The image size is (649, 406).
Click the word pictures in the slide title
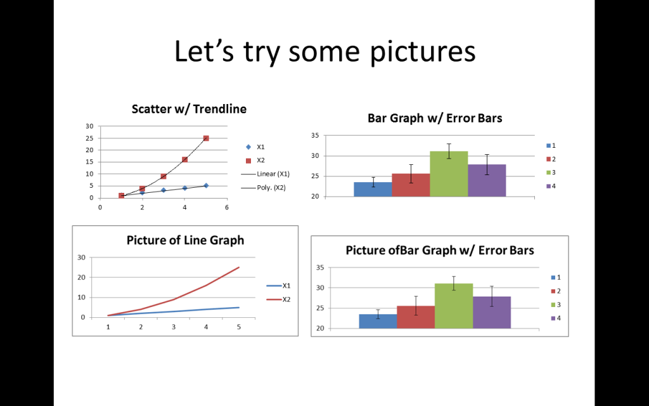point(423,52)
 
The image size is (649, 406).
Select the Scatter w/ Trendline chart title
point(189,109)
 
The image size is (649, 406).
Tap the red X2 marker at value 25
point(206,138)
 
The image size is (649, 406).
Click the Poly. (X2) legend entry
point(264,188)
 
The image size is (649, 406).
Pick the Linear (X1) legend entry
point(266,174)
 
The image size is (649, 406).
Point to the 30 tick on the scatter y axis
point(90,126)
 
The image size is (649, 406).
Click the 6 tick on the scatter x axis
point(227,207)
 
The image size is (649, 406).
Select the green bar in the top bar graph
point(449,174)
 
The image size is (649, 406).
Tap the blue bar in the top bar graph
point(373,189)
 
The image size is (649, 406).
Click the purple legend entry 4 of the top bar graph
point(551,186)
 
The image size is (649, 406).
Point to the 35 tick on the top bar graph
point(316,136)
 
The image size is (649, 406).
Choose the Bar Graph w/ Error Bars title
point(435,118)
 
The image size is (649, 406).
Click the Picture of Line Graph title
point(186,240)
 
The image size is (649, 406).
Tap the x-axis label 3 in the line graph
point(174,327)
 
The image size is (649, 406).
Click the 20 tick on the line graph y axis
point(82,277)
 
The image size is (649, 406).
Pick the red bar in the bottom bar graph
point(416,317)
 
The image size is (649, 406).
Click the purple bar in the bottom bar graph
point(492,312)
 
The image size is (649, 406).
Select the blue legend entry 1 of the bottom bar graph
point(556,278)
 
